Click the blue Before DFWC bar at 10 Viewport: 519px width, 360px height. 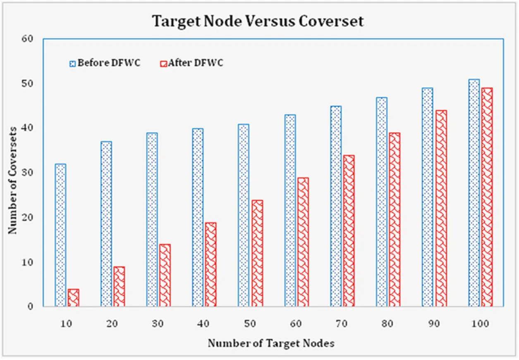[60, 235]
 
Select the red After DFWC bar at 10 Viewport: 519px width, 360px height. [73, 298]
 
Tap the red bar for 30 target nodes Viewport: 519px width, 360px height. [165, 276]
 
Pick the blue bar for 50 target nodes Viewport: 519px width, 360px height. [244, 215]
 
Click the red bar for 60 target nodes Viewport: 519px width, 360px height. [303, 242]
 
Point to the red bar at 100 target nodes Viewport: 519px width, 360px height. [487, 197]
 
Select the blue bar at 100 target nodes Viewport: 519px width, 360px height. [474, 193]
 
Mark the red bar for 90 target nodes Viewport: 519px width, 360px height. [441, 208]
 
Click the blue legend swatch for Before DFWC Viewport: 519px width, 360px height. [73, 64]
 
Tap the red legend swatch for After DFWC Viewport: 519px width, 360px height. [163, 64]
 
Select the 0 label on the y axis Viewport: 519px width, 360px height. [35, 307]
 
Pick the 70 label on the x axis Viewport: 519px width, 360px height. [342, 324]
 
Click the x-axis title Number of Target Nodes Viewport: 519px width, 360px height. [271, 343]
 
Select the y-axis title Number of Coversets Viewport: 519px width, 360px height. [13, 180]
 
